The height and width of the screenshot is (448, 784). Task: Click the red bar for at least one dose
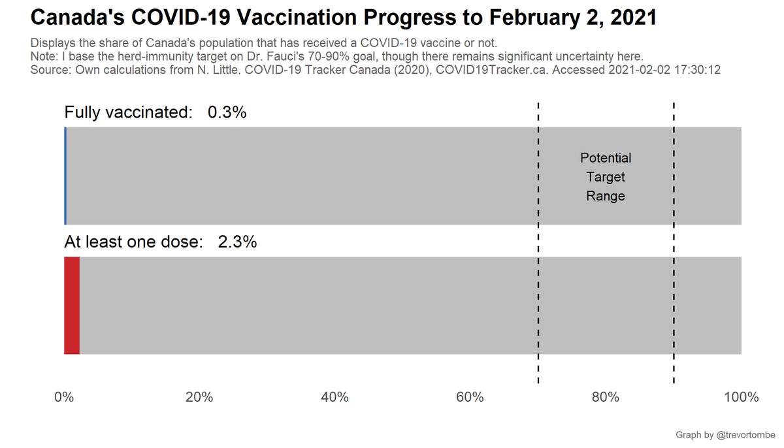point(72,306)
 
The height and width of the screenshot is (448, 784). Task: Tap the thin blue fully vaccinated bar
point(65,176)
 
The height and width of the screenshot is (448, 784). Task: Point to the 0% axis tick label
point(63,397)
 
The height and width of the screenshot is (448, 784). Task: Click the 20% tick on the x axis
point(199,397)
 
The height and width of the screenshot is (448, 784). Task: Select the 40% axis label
point(335,397)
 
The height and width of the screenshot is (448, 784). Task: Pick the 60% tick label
point(470,397)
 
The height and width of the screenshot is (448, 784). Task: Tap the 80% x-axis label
point(605,397)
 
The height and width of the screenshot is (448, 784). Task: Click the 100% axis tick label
point(740,397)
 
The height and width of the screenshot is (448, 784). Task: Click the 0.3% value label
point(227,112)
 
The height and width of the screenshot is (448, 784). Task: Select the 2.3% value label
point(237,242)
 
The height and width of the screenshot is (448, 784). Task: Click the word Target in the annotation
point(606,177)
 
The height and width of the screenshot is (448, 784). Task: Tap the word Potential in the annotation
point(606,158)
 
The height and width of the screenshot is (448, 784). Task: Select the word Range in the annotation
point(606,196)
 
